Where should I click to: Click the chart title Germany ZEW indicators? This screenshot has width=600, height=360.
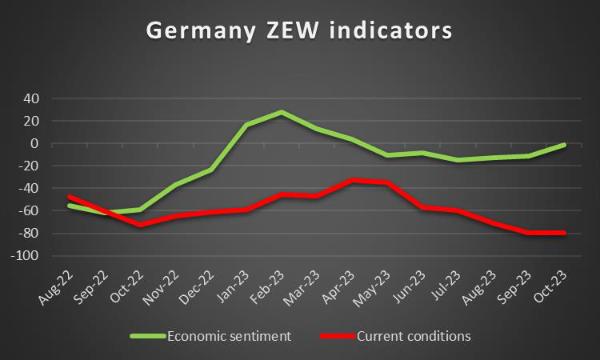tap(299, 30)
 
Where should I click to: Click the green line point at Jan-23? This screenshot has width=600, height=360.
tap(246, 126)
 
